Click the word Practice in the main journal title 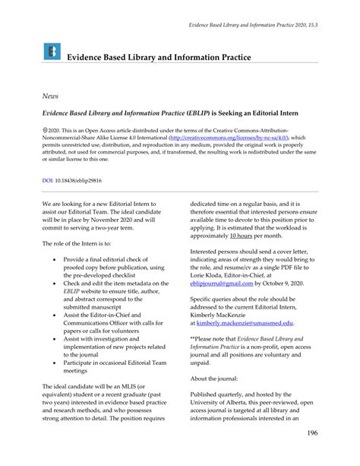tap(229, 57)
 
